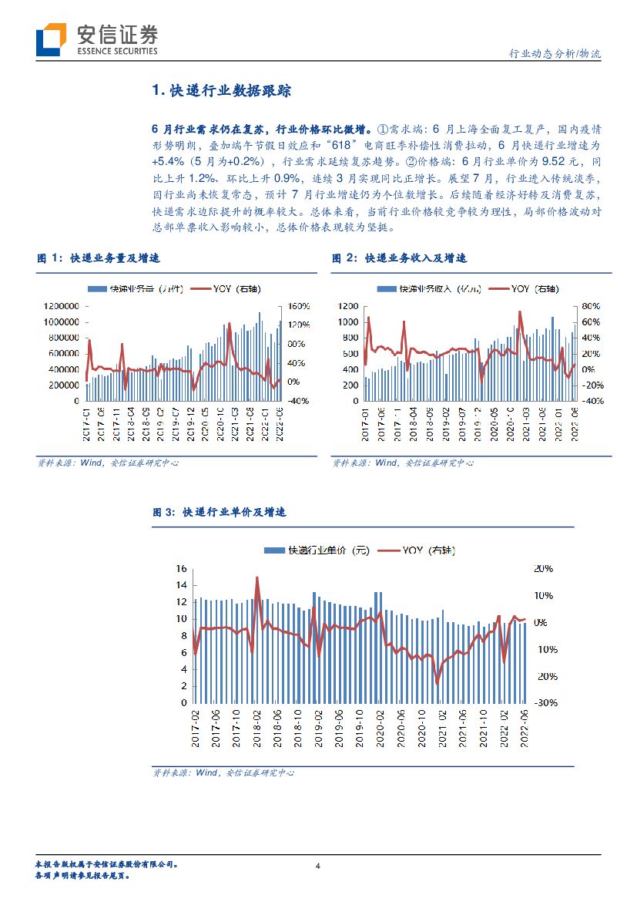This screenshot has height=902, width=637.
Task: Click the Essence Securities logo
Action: click(97, 39)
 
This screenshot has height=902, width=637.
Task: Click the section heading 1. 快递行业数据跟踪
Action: click(222, 91)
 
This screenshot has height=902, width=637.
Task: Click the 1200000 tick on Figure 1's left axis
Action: click(59, 305)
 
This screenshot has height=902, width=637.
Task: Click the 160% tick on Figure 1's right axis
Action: click(297, 305)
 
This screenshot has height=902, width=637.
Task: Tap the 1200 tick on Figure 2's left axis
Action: click(348, 305)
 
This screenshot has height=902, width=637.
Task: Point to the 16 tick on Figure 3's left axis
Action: click(182, 568)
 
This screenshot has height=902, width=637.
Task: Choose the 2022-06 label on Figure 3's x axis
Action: click(525, 730)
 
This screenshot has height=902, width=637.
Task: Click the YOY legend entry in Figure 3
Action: click(428, 550)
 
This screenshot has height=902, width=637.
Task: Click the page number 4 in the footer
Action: click(318, 865)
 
